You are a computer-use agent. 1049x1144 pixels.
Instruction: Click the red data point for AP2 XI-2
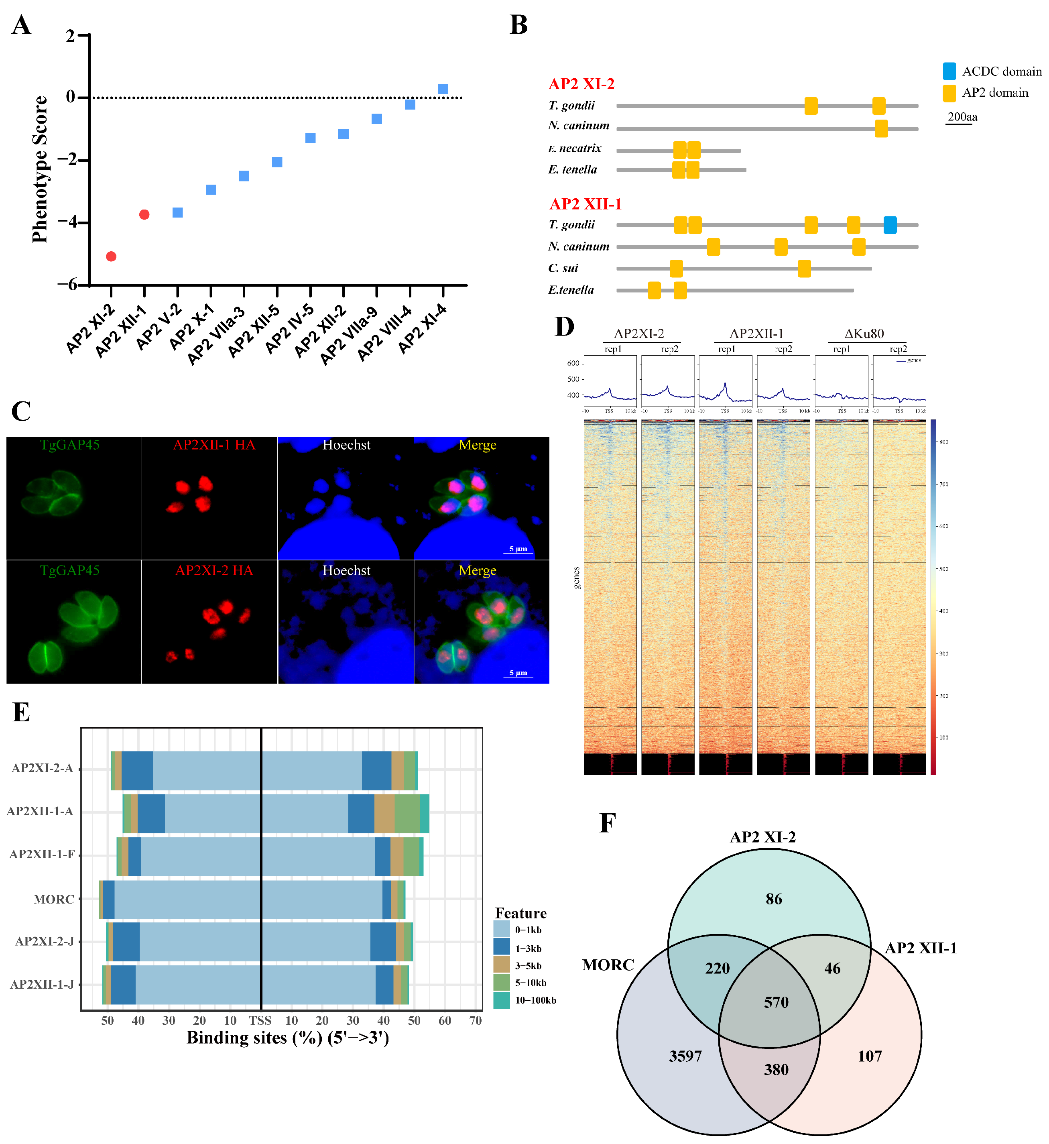tap(111, 256)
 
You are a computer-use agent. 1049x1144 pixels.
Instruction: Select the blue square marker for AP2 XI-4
tap(443, 89)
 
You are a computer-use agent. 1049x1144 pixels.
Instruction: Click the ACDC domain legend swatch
tap(949, 71)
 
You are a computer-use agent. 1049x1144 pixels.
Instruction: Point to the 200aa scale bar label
tap(962, 117)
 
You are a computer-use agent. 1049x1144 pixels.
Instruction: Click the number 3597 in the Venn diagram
tap(685, 1056)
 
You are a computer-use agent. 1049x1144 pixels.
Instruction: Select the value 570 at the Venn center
tap(776, 1002)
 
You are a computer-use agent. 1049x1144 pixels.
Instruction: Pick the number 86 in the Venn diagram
tap(774, 899)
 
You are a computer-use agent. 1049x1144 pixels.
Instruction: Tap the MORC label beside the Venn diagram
tap(608, 965)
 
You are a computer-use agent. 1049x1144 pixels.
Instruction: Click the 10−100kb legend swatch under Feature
tap(501, 1000)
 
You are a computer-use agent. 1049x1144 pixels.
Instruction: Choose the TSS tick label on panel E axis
tap(260, 1020)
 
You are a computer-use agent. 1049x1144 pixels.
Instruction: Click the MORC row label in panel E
tap(54, 899)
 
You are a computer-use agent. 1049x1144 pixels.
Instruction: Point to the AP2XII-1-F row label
tap(42, 855)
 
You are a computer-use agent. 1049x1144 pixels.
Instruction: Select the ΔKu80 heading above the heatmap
tap(864, 333)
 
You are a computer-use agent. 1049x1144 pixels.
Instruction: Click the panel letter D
tap(564, 327)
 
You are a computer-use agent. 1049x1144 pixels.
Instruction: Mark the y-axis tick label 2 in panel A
tap(70, 36)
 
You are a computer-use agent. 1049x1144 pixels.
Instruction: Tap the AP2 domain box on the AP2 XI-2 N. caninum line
tap(881, 129)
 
